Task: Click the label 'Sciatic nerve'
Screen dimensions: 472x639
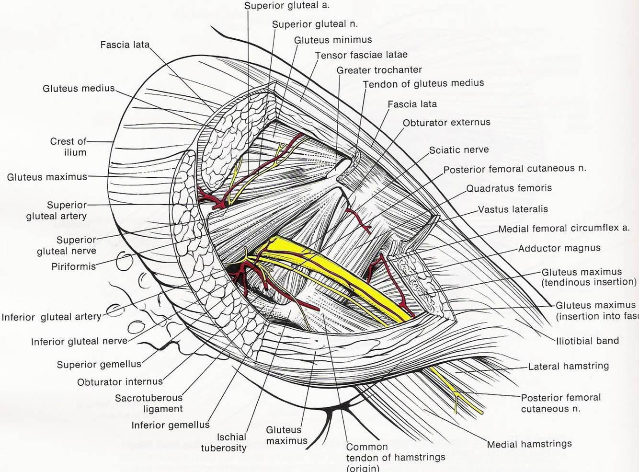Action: pos(458,150)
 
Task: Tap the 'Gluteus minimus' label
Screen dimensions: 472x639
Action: pos(333,40)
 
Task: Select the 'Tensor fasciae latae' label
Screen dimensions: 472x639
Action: pos(361,55)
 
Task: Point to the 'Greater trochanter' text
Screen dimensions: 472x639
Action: pos(379,70)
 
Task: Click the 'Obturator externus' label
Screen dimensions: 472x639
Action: pos(446,123)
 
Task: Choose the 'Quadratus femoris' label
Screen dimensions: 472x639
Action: pos(509,188)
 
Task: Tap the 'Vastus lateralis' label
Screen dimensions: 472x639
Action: pos(513,209)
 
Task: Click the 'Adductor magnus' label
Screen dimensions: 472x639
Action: pos(559,248)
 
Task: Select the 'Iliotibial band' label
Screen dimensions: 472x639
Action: pos(587,341)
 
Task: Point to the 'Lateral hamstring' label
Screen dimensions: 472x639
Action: pos(568,366)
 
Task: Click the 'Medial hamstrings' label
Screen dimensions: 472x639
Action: pos(529,444)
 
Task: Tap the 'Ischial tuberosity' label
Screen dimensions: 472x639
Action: pos(224,442)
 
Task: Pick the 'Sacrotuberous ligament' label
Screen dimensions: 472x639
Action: pos(149,403)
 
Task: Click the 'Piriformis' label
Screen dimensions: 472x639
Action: pos(74,266)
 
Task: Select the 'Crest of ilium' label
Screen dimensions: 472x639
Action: pos(68,147)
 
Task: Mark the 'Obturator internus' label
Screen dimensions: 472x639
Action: pos(120,382)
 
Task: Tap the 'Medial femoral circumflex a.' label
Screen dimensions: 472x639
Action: pos(564,229)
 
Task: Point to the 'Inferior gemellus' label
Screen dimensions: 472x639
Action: pos(170,425)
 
